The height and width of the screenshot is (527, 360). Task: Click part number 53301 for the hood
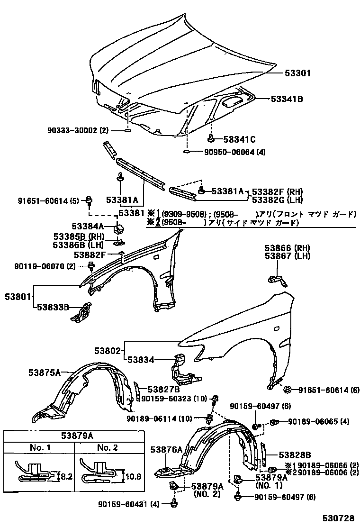pyautogui.click(x=297, y=73)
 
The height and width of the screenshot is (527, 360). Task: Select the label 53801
pyautogui.click(x=17, y=297)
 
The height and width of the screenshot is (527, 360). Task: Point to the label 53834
pyautogui.click(x=141, y=360)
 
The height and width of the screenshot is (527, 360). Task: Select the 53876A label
pyautogui.click(x=166, y=450)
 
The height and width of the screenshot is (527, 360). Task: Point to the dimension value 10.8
pyautogui.click(x=135, y=476)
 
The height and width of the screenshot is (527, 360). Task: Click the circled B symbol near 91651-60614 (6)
pyautogui.click(x=288, y=390)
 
